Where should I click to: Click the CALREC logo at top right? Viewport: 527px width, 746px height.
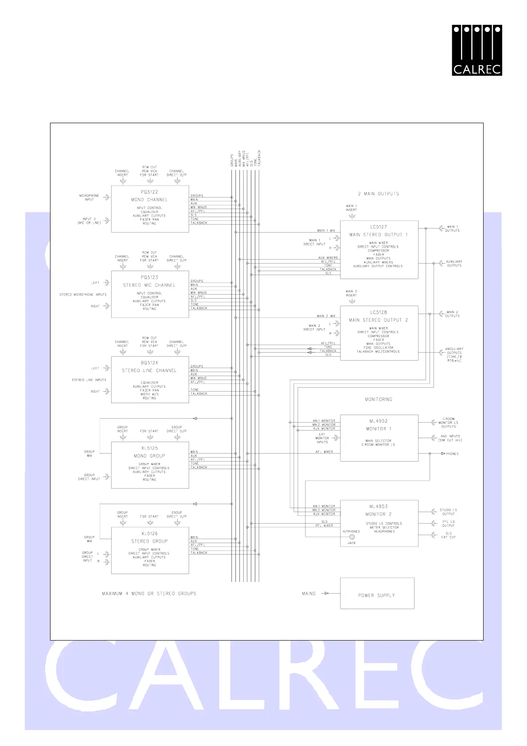(x=477, y=50)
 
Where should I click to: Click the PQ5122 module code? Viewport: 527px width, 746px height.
(x=150, y=192)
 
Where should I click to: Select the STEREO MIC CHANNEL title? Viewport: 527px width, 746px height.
(x=150, y=285)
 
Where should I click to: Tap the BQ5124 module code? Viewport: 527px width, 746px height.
(x=150, y=363)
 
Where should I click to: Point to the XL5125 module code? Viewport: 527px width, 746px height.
(x=150, y=448)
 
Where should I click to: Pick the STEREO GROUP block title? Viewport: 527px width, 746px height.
(x=150, y=541)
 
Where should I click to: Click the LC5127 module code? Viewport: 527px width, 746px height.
(x=379, y=227)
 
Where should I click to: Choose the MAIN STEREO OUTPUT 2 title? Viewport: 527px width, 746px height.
(x=379, y=320)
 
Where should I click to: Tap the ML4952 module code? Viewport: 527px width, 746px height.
(x=379, y=421)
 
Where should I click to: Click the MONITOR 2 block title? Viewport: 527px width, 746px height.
(x=379, y=514)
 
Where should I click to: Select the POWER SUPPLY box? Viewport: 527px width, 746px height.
(x=377, y=594)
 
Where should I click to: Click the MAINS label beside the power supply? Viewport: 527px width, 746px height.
(x=309, y=594)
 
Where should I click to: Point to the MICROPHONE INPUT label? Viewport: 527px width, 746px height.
(x=89, y=198)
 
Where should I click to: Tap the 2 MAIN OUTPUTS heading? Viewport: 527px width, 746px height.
(x=379, y=194)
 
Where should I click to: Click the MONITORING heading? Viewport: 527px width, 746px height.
(x=379, y=400)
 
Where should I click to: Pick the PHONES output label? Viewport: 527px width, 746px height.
(x=453, y=454)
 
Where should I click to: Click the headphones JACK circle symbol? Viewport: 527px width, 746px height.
(x=352, y=537)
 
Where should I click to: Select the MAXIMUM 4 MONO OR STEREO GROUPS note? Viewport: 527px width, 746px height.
(x=149, y=594)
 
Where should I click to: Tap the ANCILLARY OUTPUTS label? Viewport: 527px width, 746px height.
(x=454, y=353)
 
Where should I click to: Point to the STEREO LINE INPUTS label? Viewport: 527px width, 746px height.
(x=89, y=380)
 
